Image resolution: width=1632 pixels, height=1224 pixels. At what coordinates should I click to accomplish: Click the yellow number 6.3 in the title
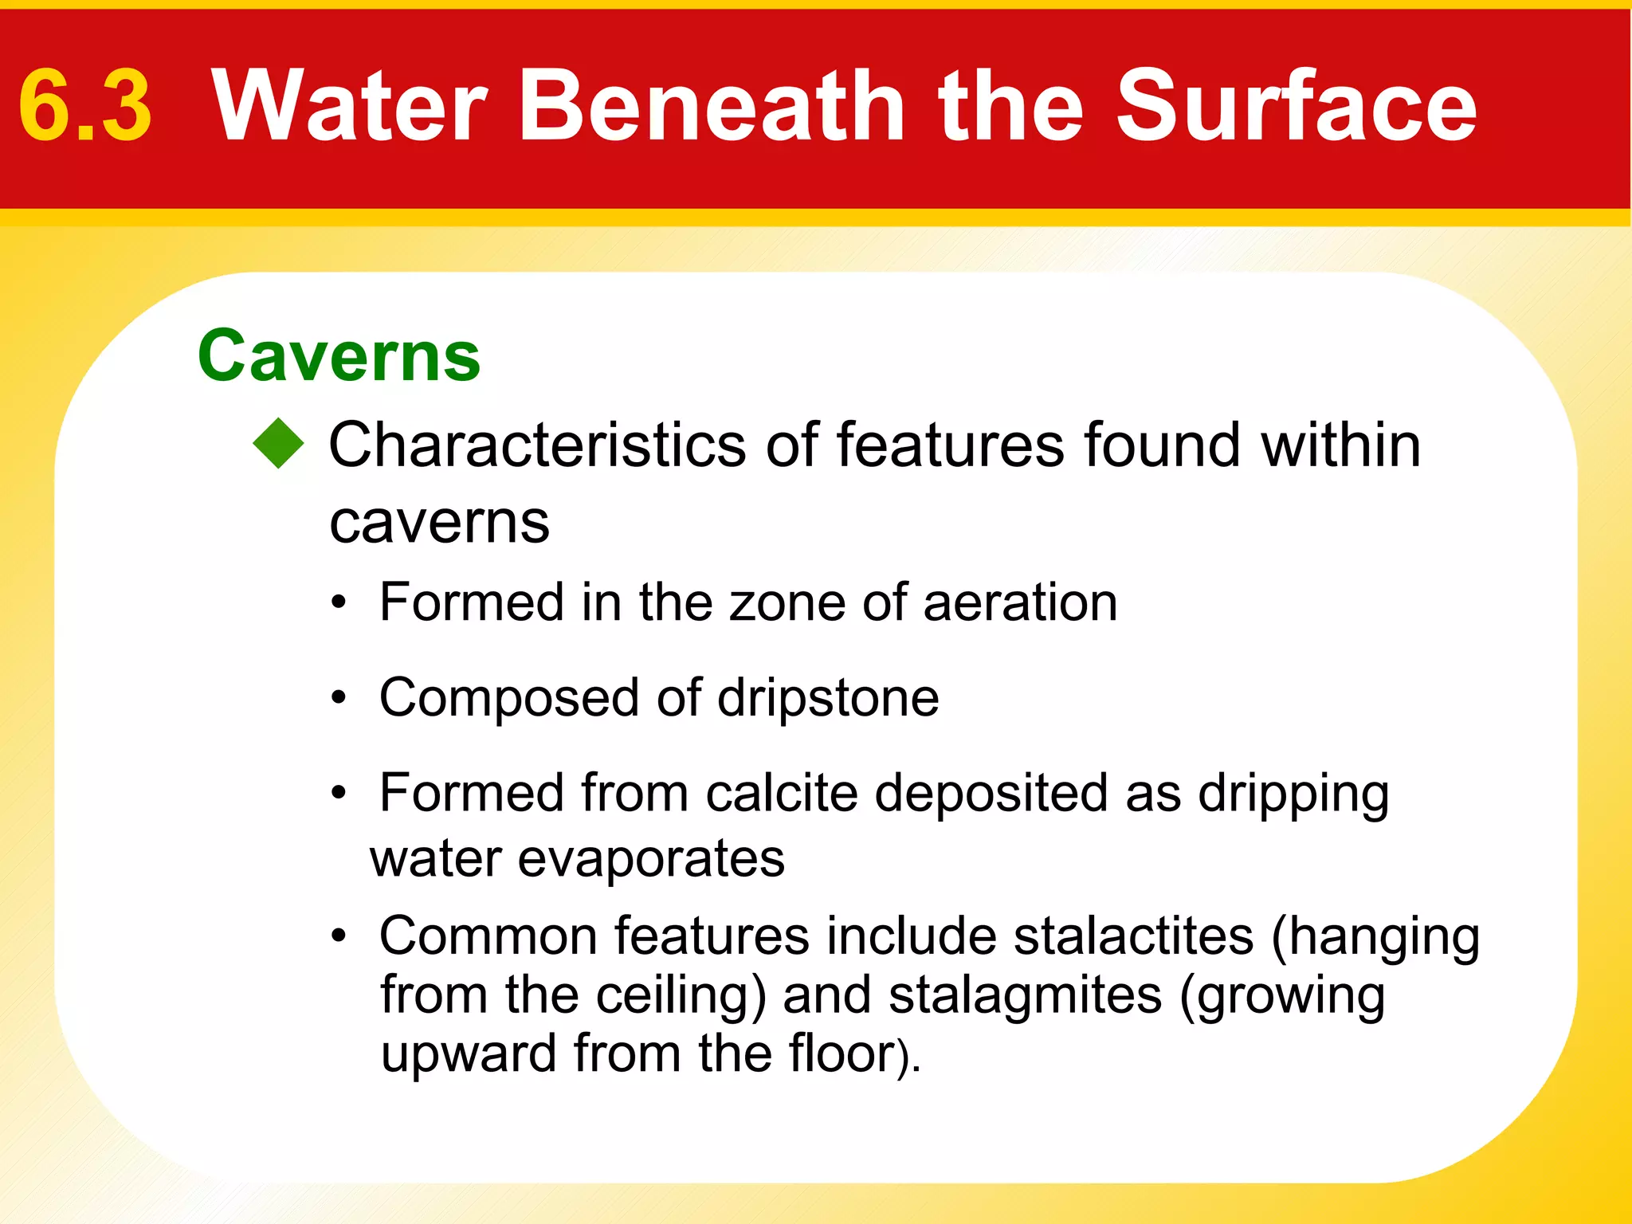pos(85,107)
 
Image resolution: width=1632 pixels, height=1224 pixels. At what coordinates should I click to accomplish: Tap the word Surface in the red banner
pos(1297,107)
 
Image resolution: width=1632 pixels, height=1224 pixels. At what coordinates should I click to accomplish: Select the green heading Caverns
pos(339,356)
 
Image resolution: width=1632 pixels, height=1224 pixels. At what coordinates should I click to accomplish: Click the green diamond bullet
pos(279,443)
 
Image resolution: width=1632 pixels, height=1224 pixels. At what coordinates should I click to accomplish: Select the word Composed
pos(508,698)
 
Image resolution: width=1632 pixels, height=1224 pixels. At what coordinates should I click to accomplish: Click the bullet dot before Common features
pos(339,936)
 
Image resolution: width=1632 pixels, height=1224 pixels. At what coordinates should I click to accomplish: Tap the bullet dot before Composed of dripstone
pos(339,699)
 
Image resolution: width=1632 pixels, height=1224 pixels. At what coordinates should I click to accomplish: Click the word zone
pos(787,602)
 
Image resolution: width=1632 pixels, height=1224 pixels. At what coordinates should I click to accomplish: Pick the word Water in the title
pos(349,107)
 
